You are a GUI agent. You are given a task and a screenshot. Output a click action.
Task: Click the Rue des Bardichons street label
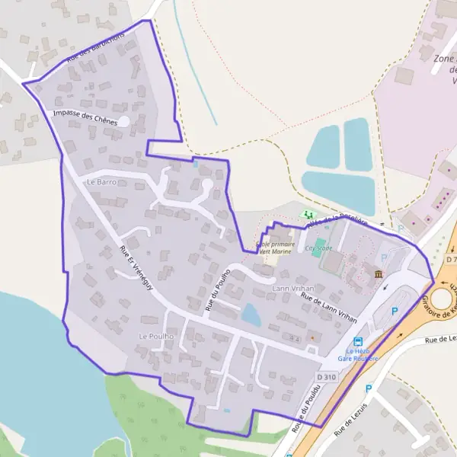click(95, 47)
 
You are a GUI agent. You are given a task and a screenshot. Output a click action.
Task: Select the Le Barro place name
click(101, 182)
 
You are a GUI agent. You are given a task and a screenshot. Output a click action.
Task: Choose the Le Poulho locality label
click(156, 336)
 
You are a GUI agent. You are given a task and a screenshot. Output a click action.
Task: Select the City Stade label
click(318, 248)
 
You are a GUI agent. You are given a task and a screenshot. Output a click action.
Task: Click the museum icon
click(379, 273)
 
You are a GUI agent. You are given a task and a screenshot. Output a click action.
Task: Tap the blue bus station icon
click(358, 342)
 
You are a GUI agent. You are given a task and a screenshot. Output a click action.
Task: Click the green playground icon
click(308, 215)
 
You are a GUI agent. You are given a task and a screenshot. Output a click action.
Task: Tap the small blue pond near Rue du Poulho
click(251, 313)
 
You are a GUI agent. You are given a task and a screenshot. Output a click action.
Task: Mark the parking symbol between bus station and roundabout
click(395, 311)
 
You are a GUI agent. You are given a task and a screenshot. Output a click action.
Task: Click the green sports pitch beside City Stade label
click(333, 263)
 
